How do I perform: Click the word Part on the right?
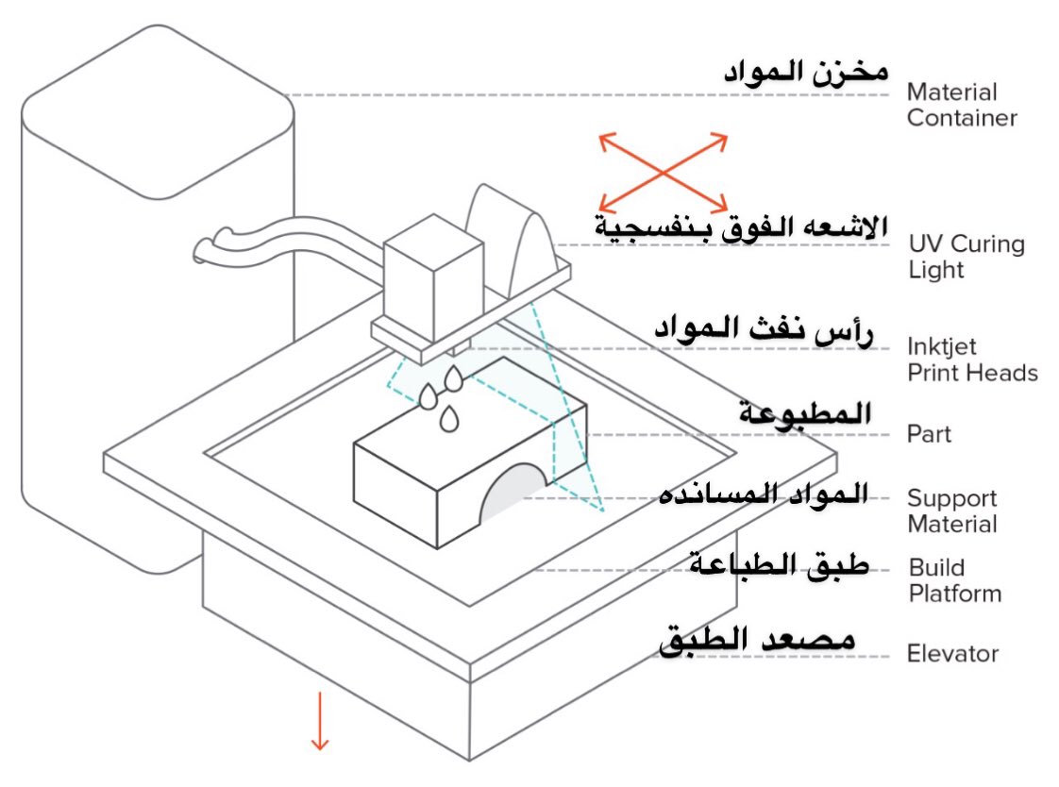929,435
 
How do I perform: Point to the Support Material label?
951,511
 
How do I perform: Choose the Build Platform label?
954,580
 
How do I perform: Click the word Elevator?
951,654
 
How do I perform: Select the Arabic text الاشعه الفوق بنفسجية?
740,227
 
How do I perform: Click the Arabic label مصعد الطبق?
756,642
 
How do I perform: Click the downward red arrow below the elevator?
319,721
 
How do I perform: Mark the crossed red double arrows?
664,172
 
